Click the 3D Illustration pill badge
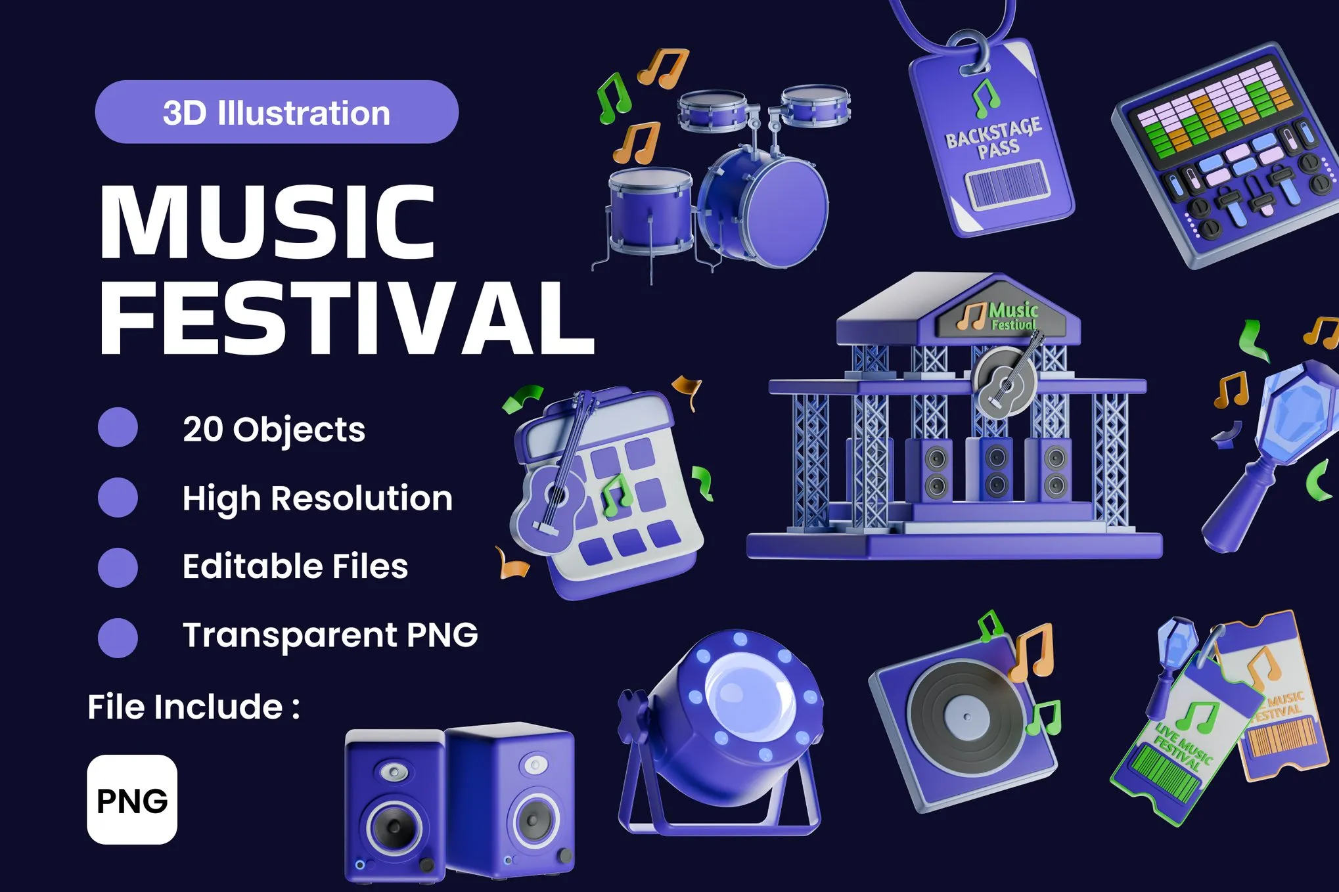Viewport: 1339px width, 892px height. pos(276,112)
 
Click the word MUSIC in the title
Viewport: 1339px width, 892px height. pos(267,223)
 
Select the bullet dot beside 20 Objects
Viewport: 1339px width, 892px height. pos(118,428)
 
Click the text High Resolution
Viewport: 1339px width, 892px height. pos(317,498)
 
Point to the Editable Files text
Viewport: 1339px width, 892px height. pos(295,566)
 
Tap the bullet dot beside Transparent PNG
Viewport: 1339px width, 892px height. pos(118,637)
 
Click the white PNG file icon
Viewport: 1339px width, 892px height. pos(132,799)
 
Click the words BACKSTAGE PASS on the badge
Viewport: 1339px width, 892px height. pos(994,139)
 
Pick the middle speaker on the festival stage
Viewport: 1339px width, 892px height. pos(996,470)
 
